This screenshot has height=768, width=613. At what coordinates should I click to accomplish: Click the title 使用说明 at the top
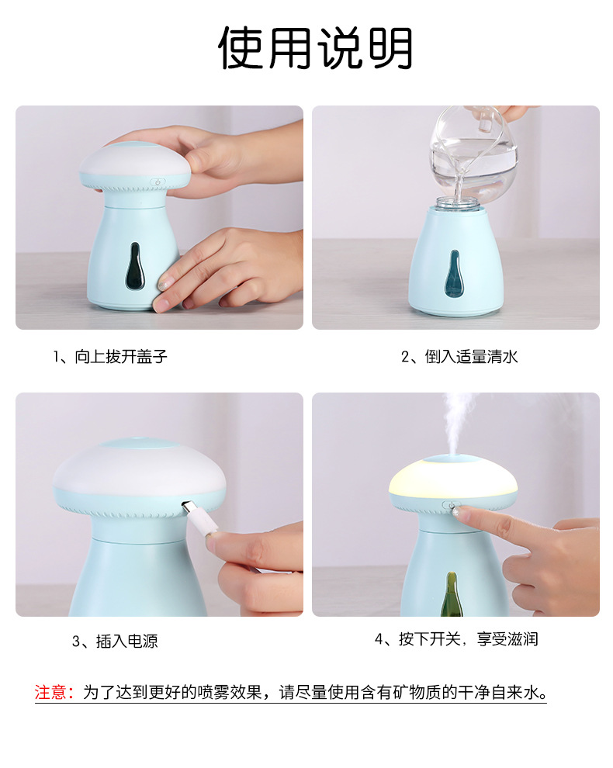[315, 47]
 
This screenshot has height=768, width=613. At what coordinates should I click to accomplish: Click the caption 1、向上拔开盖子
[110, 356]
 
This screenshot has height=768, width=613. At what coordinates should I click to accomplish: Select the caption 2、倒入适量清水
[459, 356]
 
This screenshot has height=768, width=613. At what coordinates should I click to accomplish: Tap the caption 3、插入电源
[115, 641]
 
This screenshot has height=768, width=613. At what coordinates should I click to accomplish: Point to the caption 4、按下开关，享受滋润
[456, 638]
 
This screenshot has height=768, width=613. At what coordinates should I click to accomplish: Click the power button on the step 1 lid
[158, 182]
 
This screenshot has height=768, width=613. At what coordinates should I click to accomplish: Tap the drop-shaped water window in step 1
[135, 266]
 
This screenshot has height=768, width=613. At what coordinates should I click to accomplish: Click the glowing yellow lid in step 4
[453, 478]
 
